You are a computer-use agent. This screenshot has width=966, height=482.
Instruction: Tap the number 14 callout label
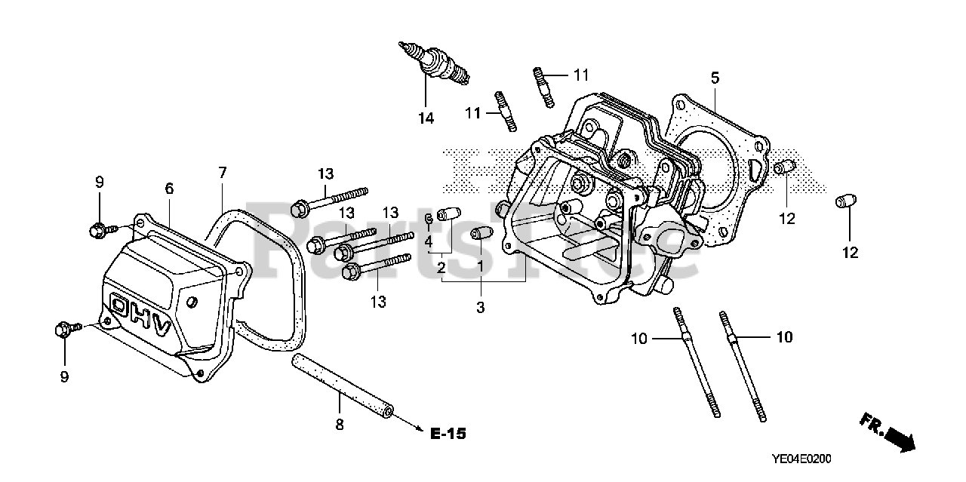click(426, 118)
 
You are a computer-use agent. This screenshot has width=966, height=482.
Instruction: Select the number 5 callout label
click(715, 78)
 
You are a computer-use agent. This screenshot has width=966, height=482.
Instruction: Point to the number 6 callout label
click(169, 189)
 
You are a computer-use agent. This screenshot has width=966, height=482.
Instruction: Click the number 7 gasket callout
click(222, 173)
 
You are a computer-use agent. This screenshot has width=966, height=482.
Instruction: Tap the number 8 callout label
click(339, 425)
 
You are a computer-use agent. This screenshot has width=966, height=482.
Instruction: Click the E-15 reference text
click(448, 434)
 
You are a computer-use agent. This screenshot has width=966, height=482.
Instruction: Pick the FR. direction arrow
click(891, 434)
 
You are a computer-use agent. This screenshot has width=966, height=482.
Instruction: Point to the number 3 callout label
click(480, 307)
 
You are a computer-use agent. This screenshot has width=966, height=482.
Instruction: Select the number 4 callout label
click(427, 242)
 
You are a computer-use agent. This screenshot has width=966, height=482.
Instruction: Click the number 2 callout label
click(440, 267)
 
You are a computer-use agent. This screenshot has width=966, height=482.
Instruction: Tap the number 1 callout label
click(480, 267)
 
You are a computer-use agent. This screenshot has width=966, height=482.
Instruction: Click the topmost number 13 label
click(325, 173)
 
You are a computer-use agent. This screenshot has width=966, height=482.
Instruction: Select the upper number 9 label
click(99, 182)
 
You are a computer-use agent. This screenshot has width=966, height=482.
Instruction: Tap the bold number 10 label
click(784, 337)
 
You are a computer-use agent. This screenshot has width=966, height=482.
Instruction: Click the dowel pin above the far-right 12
click(844, 202)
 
